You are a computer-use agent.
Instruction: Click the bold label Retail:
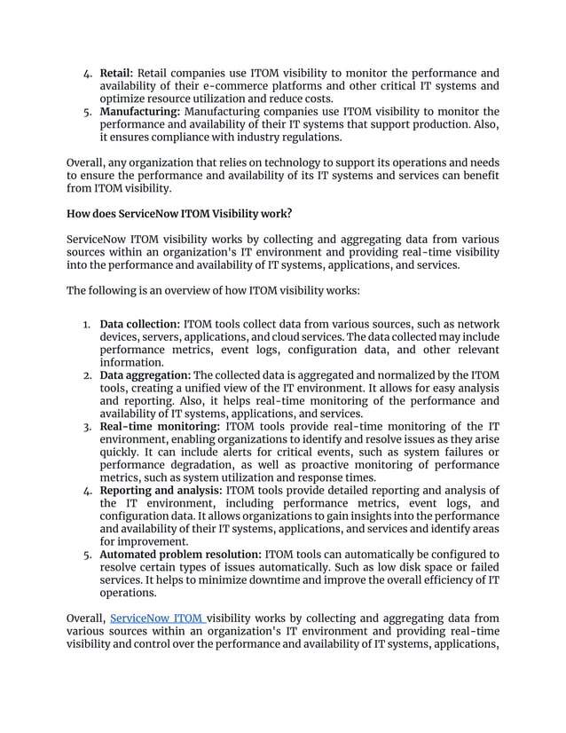tap(117, 73)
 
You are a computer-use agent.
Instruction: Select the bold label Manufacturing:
tap(139, 112)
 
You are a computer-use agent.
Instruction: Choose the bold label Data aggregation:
tap(145, 375)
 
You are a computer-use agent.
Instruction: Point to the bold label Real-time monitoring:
tap(160, 427)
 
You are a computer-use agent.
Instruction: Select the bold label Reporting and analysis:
tap(161, 491)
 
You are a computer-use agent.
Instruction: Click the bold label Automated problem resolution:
tap(180, 555)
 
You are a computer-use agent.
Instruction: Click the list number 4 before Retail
tap(87, 73)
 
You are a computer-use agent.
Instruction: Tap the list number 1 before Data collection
tap(87, 324)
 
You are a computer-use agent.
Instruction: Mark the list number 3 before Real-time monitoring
tap(87, 427)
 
